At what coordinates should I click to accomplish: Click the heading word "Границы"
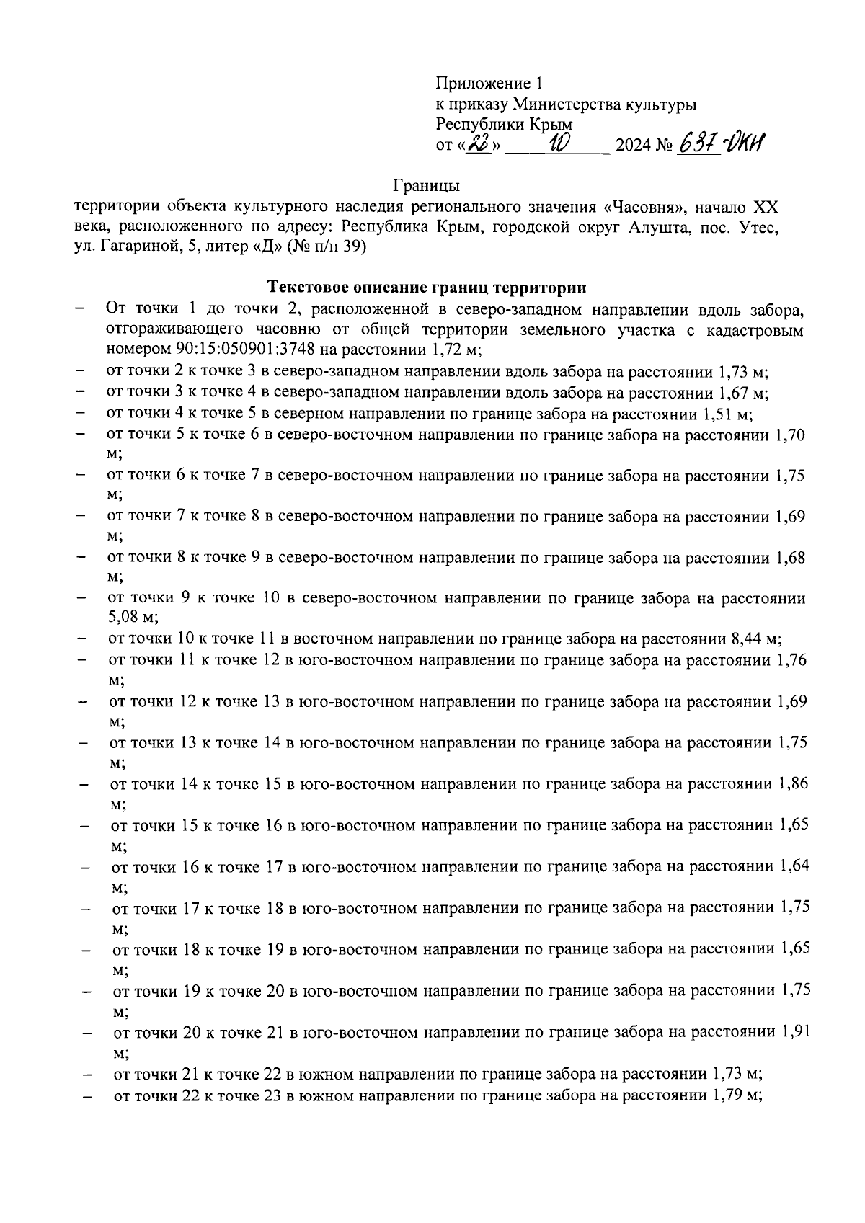point(427,187)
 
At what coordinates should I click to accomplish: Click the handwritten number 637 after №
point(698,145)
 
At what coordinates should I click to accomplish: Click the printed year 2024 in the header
point(634,146)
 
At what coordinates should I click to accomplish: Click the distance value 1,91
point(796,1031)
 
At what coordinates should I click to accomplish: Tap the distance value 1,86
point(793,783)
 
